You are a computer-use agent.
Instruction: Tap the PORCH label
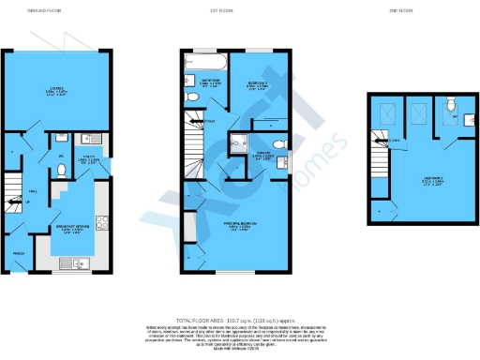(x=17, y=254)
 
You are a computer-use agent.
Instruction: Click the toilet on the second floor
(x=449, y=105)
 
